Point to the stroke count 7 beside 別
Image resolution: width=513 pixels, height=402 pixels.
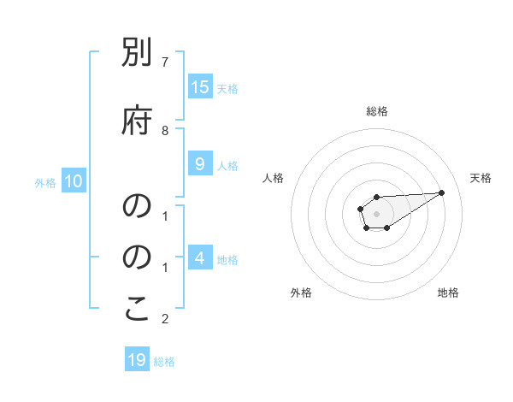pyautogui.click(x=165, y=62)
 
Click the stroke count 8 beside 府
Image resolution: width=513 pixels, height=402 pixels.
pyautogui.click(x=165, y=130)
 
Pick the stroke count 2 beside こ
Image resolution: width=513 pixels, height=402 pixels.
pyautogui.click(x=165, y=320)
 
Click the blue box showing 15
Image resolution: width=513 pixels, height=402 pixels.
pyautogui.click(x=200, y=86)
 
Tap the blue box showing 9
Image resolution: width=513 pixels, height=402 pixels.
pyautogui.click(x=199, y=165)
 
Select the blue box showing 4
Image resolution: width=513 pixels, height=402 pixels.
pyautogui.click(x=199, y=257)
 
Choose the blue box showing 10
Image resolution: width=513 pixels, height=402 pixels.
pyautogui.click(x=74, y=180)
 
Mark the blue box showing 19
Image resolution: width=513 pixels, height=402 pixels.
pyautogui.click(x=137, y=360)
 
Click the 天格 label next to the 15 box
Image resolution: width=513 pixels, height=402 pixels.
pyautogui.click(x=227, y=88)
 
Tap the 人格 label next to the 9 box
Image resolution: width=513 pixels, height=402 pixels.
pyautogui.click(x=227, y=166)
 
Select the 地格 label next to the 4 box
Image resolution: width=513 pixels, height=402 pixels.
pyautogui.click(x=227, y=259)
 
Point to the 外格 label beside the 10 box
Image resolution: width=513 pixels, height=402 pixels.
pyautogui.click(x=44, y=182)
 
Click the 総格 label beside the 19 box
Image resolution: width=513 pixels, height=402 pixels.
pyautogui.click(x=164, y=362)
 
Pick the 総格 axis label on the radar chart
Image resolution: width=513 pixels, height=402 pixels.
pyautogui.click(x=376, y=111)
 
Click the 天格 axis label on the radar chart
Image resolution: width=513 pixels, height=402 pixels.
pyautogui.click(x=481, y=178)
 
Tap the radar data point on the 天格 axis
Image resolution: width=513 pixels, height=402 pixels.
pyautogui.click(x=442, y=192)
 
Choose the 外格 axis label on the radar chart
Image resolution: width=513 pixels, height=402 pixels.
pyautogui.click(x=301, y=293)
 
